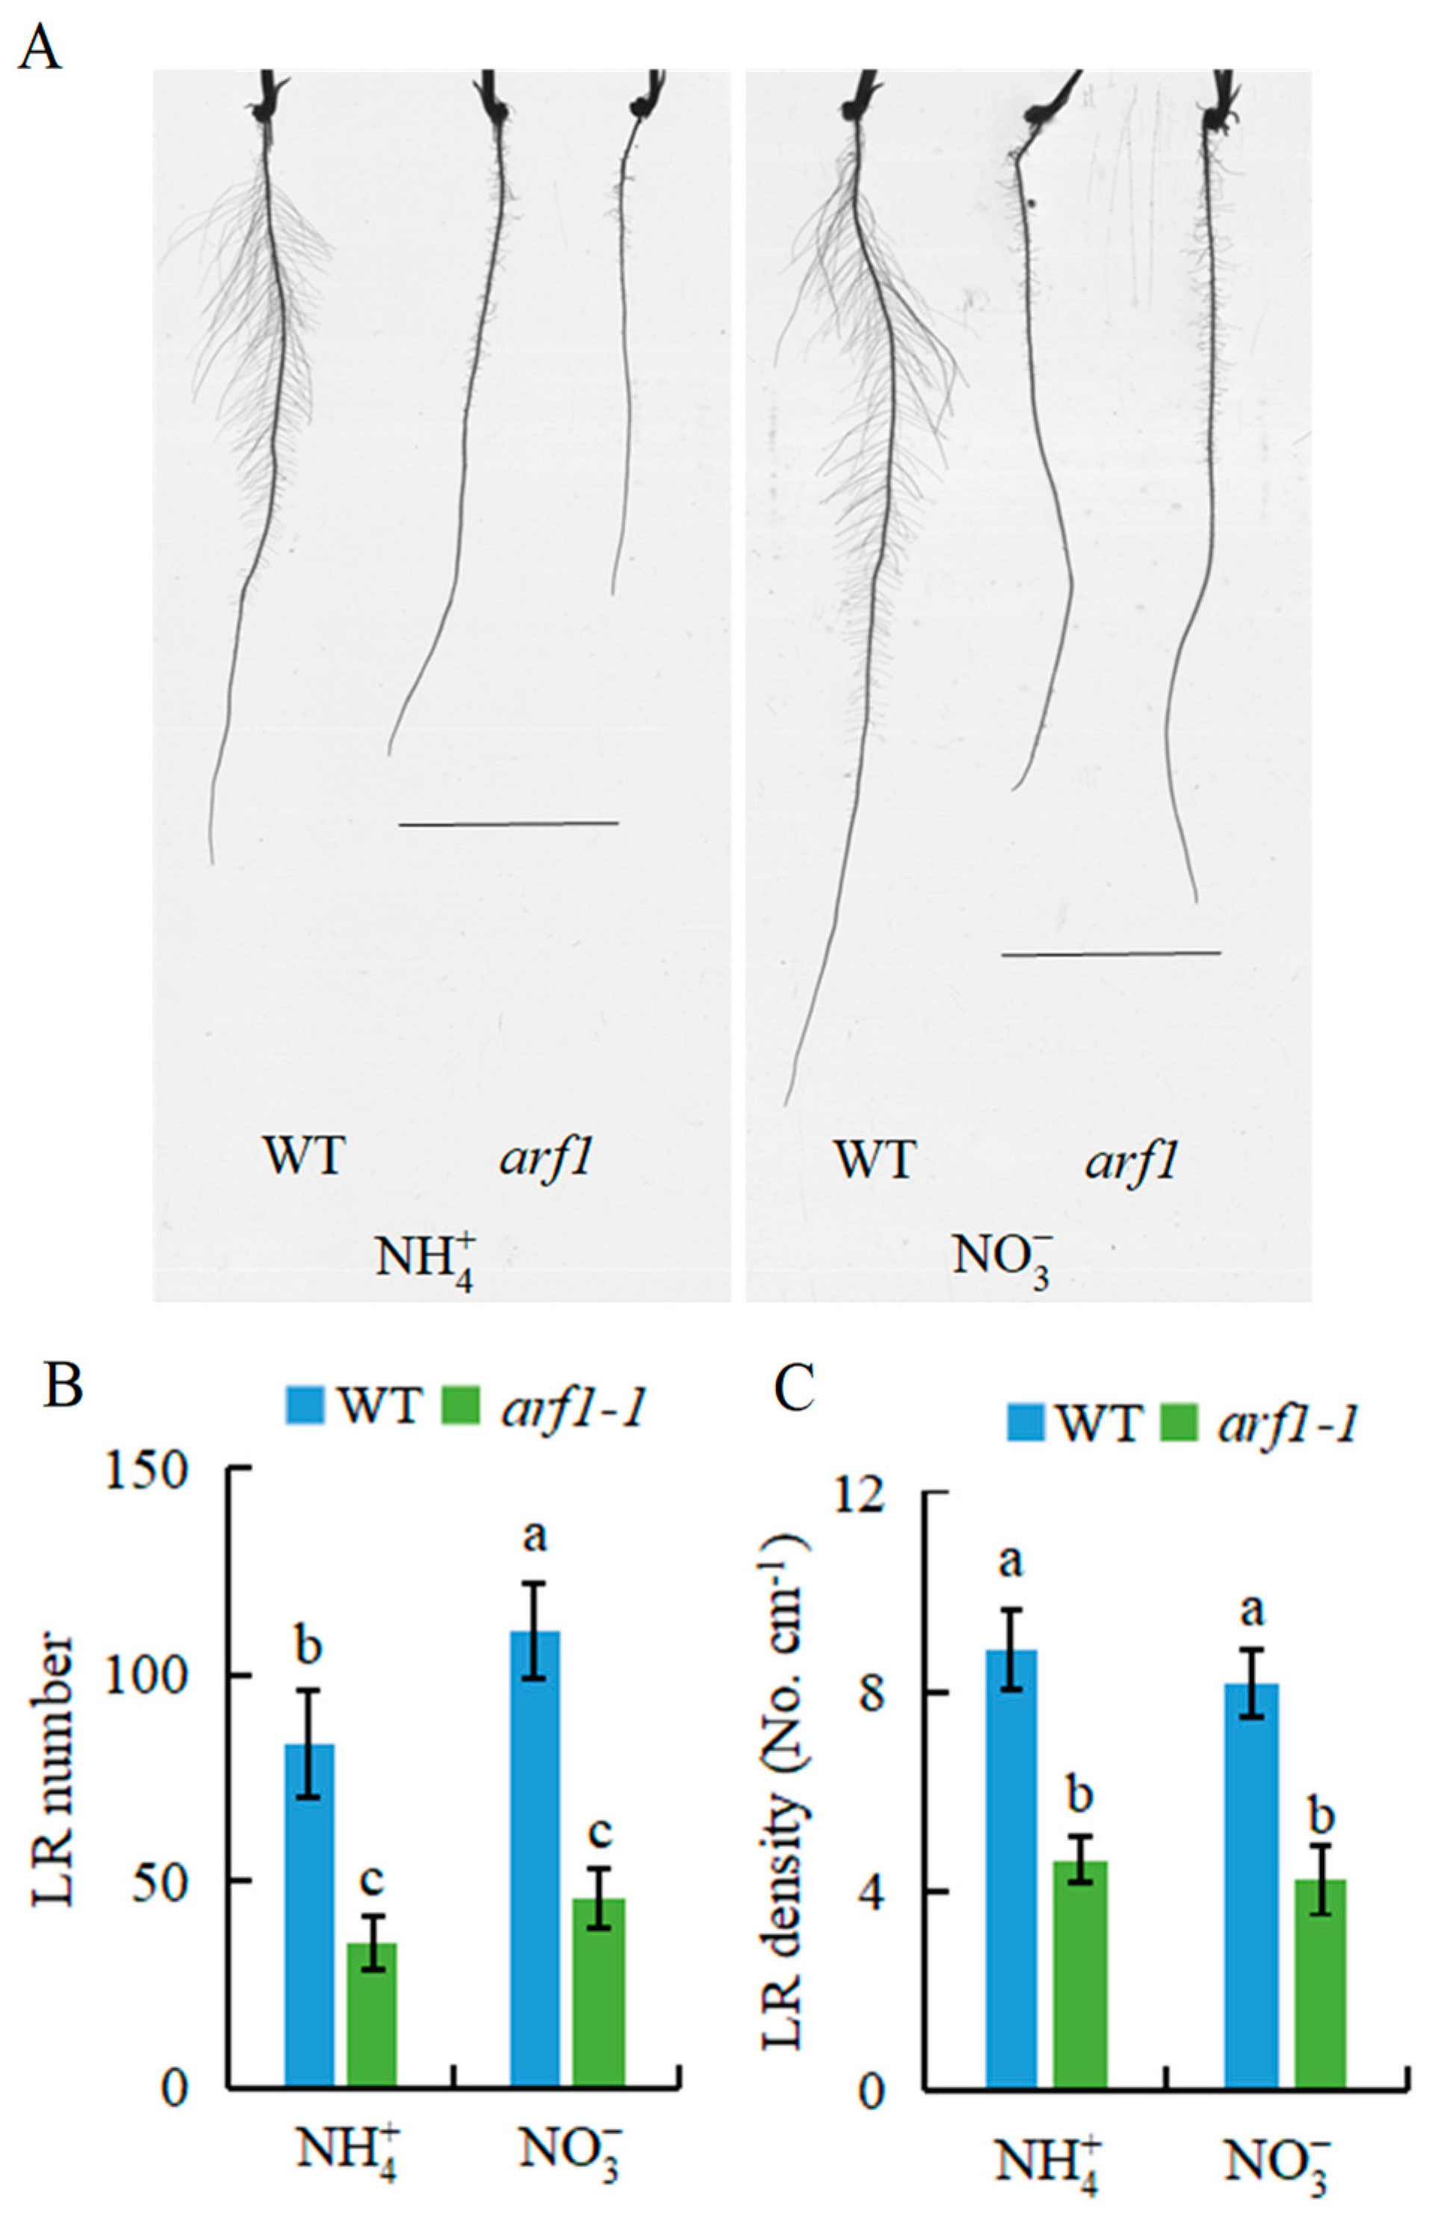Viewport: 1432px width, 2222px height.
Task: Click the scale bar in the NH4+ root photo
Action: coord(508,823)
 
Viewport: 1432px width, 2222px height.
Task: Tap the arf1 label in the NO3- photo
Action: coord(1131,1160)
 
